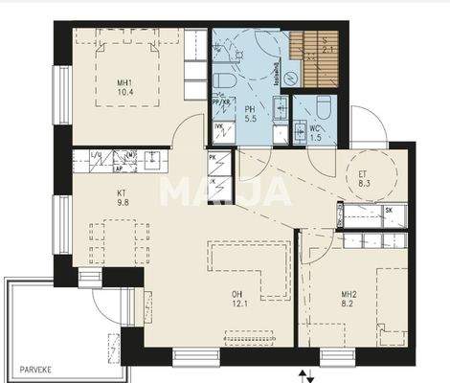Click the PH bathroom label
(250, 114)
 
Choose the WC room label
(314, 132)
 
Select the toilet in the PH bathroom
(221, 77)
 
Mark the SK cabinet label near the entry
(387, 210)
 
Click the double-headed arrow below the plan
(304, 374)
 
